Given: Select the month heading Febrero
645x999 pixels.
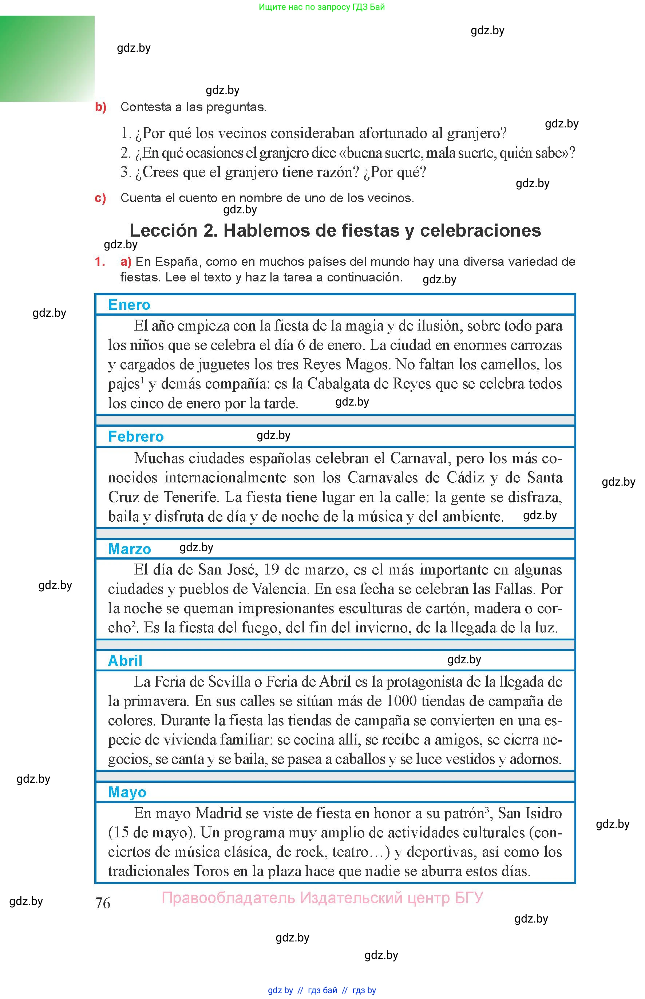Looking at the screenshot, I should click(136, 437).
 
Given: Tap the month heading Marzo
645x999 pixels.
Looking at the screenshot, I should click(130, 549).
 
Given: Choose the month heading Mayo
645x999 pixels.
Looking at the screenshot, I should click(127, 792).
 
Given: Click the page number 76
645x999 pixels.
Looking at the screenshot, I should click(103, 903).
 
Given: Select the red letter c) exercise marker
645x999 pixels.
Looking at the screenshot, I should click(100, 198).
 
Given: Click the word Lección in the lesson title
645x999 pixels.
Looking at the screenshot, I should click(163, 230).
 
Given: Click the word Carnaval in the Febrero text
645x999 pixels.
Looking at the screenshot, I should click(419, 458).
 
